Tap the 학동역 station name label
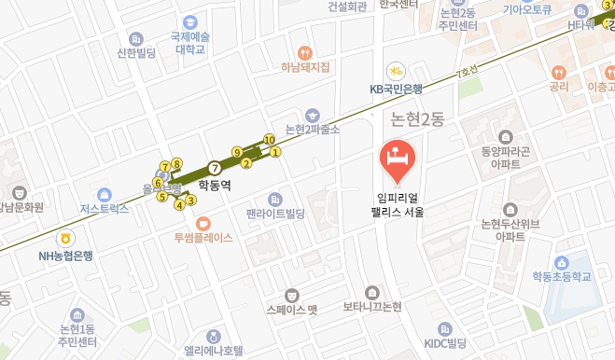point(215,186)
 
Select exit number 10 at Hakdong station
point(270,140)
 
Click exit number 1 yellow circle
point(275,152)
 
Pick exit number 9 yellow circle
point(237,152)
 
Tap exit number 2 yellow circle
point(246,164)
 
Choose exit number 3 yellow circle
point(190,199)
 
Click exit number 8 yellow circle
point(176,164)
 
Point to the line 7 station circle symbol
point(215,168)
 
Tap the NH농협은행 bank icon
point(64,238)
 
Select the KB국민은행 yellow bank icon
point(396,71)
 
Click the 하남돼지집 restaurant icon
point(303,52)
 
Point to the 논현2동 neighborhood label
point(417,118)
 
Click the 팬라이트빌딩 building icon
point(275,200)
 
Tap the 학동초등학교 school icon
point(562,262)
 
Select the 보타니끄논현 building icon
point(371,292)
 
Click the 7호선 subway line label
point(466,70)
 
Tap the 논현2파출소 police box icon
point(312,114)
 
